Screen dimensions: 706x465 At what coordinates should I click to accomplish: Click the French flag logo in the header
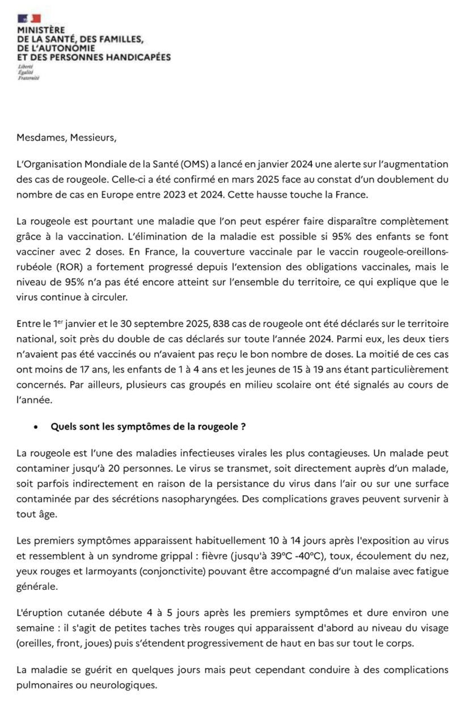(26, 19)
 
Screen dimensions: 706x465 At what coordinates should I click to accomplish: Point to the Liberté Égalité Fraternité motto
(26, 73)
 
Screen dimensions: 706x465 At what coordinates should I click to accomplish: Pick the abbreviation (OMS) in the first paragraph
(210, 164)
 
